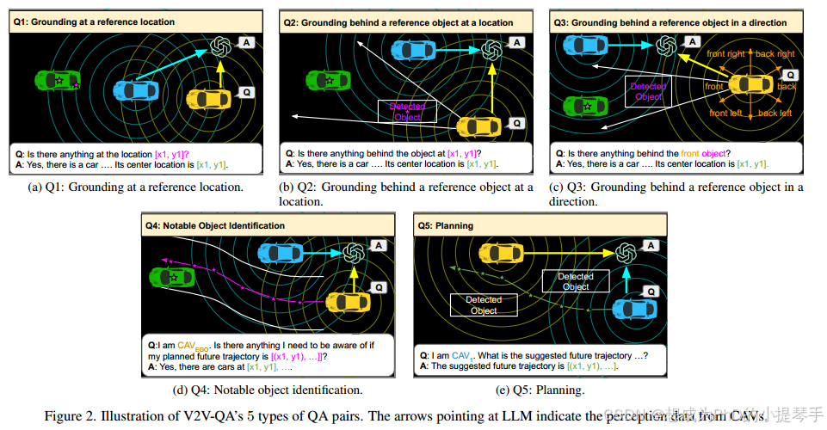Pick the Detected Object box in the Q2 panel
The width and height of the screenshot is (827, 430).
[407, 111]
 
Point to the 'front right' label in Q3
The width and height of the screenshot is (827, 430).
[725, 54]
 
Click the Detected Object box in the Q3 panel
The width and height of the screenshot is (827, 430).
[648, 91]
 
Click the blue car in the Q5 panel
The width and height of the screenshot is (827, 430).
[634, 307]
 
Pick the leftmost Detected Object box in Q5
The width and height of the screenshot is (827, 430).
[484, 304]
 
